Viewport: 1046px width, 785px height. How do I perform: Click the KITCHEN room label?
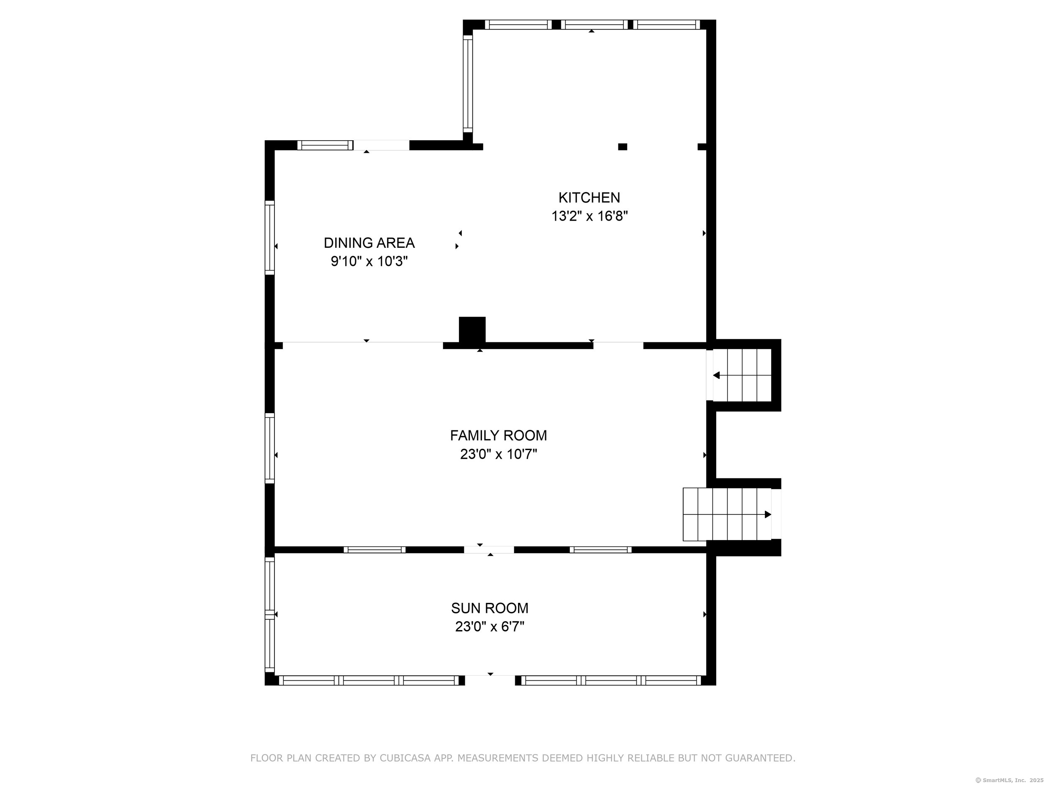click(x=589, y=197)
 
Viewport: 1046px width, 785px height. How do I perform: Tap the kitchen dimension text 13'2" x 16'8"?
click(x=589, y=216)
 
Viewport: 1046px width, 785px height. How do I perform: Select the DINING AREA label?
click(x=369, y=243)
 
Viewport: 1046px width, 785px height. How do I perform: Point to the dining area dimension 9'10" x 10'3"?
click(x=369, y=261)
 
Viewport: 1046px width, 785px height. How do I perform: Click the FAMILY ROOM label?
click(x=498, y=435)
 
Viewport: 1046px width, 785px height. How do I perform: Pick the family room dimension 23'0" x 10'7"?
click(x=498, y=454)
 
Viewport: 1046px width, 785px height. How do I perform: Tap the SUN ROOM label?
click(x=490, y=608)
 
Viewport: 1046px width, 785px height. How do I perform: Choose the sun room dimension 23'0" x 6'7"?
click(x=490, y=627)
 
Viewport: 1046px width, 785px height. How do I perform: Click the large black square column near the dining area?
click(x=472, y=330)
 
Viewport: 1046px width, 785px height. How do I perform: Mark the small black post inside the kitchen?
click(x=622, y=147)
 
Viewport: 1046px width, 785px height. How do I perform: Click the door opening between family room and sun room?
click(x=489, y=550)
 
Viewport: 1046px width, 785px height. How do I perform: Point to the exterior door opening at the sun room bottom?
click(x=490, y=680)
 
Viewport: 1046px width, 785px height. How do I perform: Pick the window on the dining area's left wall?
click(x=269, y=237)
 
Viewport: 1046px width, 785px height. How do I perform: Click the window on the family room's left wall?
click(x=269, y=448)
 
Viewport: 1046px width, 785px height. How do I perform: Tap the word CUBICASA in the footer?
click(x=405, y=759)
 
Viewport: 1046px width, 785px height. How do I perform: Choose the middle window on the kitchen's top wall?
click(x=594, y=25)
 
